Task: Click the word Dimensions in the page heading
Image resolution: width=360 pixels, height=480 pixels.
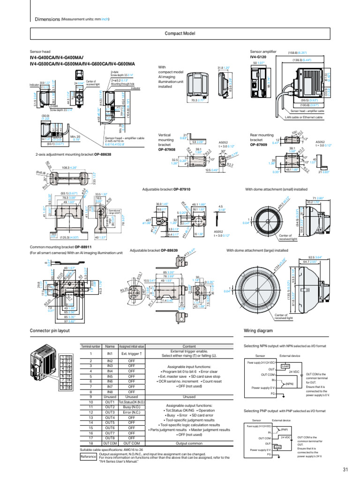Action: [48, 19]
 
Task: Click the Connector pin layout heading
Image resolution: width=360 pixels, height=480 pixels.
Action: [50, 331]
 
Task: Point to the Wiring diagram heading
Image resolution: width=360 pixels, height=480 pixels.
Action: [258, 331]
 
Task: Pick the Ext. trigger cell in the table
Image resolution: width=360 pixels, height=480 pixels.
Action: [132, 354]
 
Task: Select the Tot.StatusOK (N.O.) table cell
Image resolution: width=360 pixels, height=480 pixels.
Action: [132, 402]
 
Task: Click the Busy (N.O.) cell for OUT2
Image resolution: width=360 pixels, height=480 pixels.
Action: [132, 407]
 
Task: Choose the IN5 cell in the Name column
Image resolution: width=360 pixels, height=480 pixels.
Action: [110, 376]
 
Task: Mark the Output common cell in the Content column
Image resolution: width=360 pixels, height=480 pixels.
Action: [189, 443]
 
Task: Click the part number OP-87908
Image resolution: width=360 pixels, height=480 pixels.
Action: [167, 150]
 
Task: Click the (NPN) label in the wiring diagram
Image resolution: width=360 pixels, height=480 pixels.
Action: [290, 384]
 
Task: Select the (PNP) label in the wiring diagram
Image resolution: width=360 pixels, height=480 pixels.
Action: [285, 429]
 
